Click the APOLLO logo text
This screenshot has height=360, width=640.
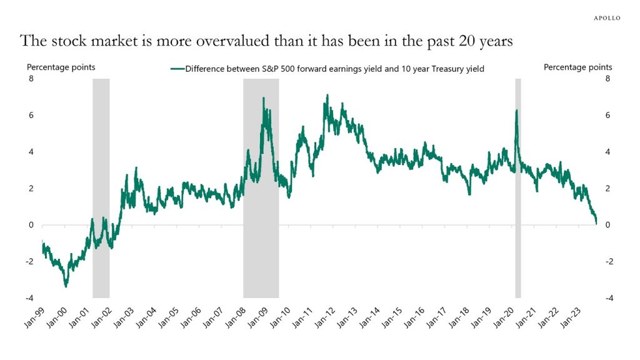(606, 18)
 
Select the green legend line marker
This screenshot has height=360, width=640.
(177, 69)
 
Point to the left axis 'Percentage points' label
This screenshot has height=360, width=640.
(60, 67)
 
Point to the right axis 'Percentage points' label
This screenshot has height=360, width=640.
(577, 67)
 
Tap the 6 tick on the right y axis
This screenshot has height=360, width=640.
(607, 116)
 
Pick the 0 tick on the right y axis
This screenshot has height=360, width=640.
(607, 225)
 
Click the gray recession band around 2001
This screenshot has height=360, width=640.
(101, 187)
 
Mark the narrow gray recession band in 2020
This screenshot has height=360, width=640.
(517, 187)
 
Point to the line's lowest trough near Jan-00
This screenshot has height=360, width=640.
(66, 286)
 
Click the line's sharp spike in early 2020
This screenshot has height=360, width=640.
(516, 111)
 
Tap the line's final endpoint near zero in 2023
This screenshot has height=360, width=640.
(596, 222)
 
